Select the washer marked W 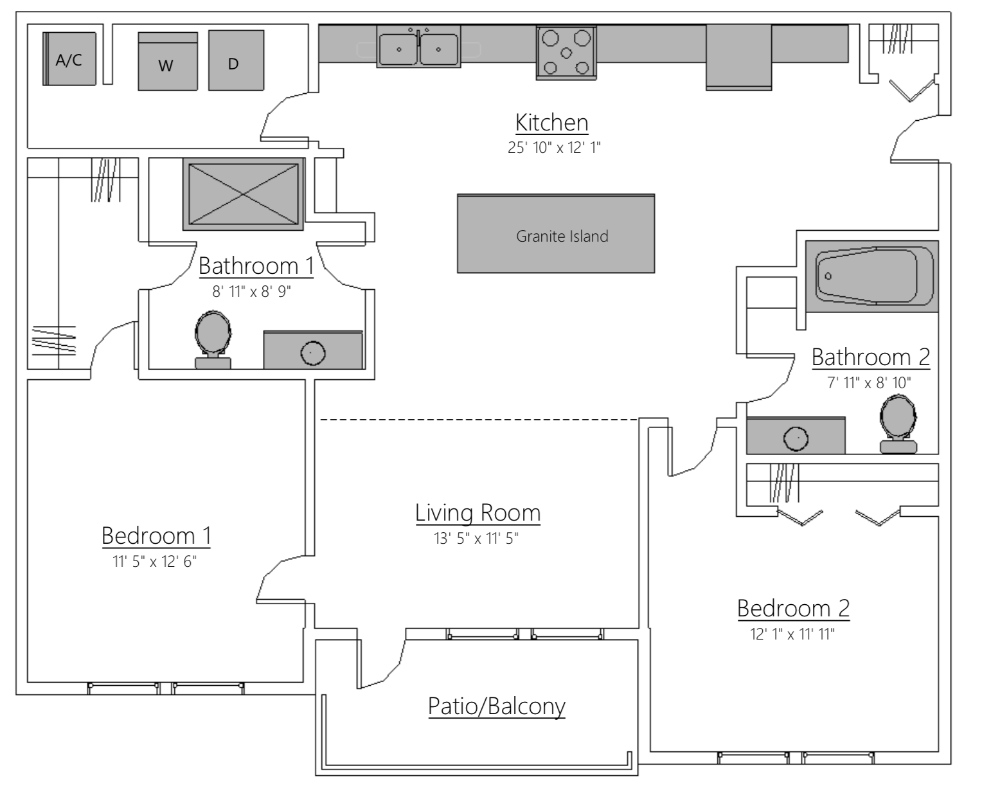167,62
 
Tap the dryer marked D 235,61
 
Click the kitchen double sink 418,49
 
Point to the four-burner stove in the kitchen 566,52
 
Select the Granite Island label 562,237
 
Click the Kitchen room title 551,122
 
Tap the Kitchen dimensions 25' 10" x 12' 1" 553,148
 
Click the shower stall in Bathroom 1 244,193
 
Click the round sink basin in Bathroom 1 313,352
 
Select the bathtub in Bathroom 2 871,276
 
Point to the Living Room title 478,513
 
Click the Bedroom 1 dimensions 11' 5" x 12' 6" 154,562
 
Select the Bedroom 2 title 793,608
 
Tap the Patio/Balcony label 496,706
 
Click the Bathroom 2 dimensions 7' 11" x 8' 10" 869,383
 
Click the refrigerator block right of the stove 738,57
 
